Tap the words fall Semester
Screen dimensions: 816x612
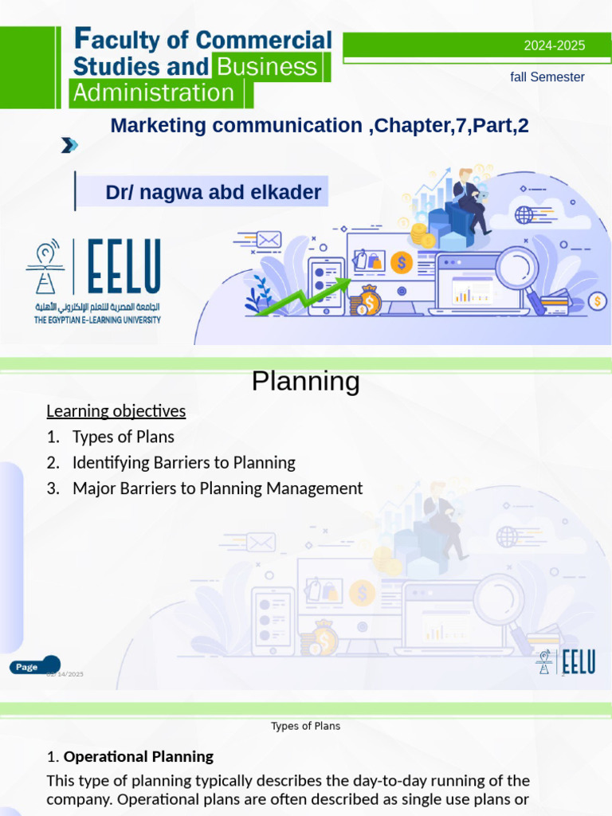pyautogui.click(x=547, y=77)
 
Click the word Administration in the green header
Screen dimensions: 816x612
pyautogui.click(x=153, y=93)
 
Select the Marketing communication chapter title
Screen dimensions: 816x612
pyautogui.click(x=319, y=125)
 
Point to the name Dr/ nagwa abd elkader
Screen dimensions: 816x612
pyautogui.click(x=213, y=192)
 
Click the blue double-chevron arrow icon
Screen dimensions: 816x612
pyautogui.click(x=70, y=145)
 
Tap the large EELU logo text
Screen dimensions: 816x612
pyautogui.click(x=124, y=267)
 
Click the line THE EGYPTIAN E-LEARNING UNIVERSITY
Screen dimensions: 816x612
pyautogui.click(x=97, y=320)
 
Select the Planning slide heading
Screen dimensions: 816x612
pyautogui.click(x=305, y=382)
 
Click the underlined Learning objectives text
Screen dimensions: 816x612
pyautogui.click(x=116, y=411)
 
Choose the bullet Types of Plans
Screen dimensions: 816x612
pyautogui.click(x=123, y=437)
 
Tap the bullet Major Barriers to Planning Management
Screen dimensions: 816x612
pyautogui.click(x=217, y=488)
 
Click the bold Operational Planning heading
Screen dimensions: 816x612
pyautogui.click(x=138, y=756)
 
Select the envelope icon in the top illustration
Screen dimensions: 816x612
pyautogui.click(x=269, y=239)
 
